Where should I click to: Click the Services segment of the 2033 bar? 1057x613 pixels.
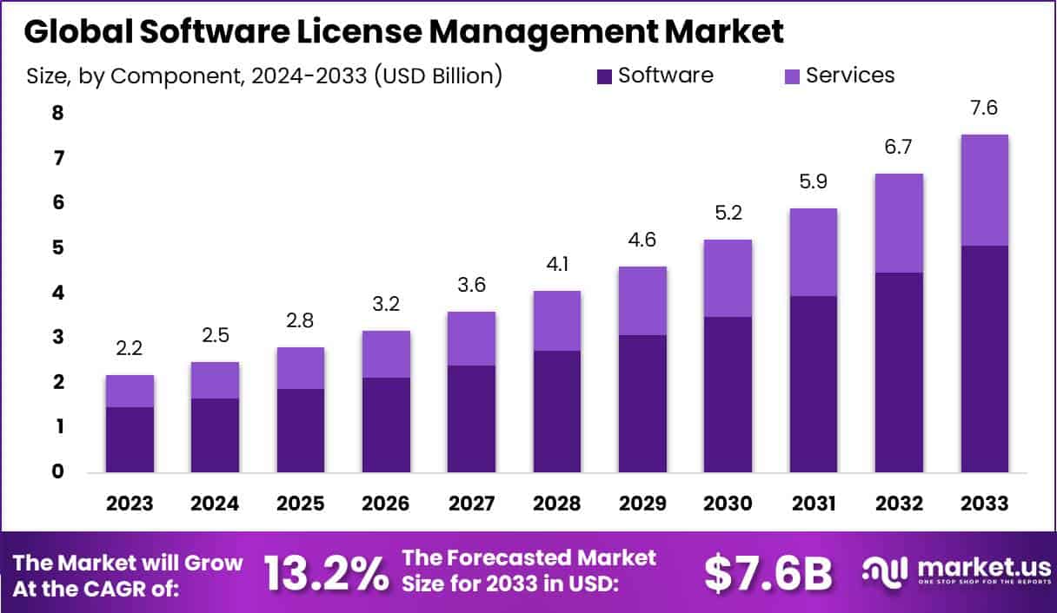coord(984,190)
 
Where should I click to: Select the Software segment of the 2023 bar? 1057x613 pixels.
coord(130,439)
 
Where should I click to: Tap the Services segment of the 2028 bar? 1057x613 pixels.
coord(556,321)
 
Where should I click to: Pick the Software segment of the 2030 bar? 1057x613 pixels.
coord(728,394)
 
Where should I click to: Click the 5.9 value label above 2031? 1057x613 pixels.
coord(813,183)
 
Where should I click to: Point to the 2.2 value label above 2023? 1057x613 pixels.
coord(130,350)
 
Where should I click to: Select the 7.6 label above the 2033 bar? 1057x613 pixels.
coord(984,109)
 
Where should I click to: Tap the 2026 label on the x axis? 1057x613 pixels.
coord(386,504)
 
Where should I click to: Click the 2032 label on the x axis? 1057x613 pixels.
coord(899,504)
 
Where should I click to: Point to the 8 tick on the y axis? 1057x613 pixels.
coord(33,114)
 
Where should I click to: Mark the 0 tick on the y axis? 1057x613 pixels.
coord(33,471)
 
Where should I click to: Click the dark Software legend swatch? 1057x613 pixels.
coord(604,76)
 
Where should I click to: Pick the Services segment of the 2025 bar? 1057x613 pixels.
coord(301,368)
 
